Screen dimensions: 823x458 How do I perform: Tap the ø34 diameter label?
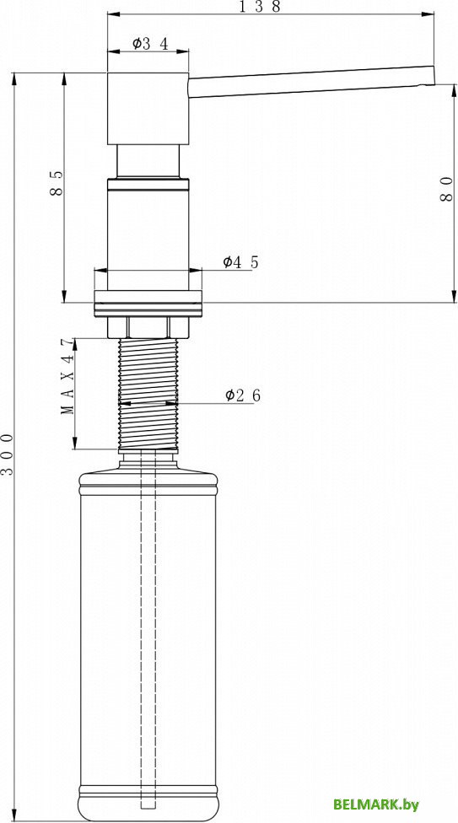[151, 44]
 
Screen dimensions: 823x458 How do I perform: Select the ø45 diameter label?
[240, 262]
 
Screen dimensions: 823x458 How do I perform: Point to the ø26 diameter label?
[243, 395]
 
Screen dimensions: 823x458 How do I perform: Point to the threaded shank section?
[148, 392]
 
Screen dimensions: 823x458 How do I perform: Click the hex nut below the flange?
[148, 326]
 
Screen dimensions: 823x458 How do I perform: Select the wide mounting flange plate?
[148, 303]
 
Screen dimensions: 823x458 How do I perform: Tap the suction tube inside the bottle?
[148, 632]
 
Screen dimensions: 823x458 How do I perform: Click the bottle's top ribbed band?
[148, 487]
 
